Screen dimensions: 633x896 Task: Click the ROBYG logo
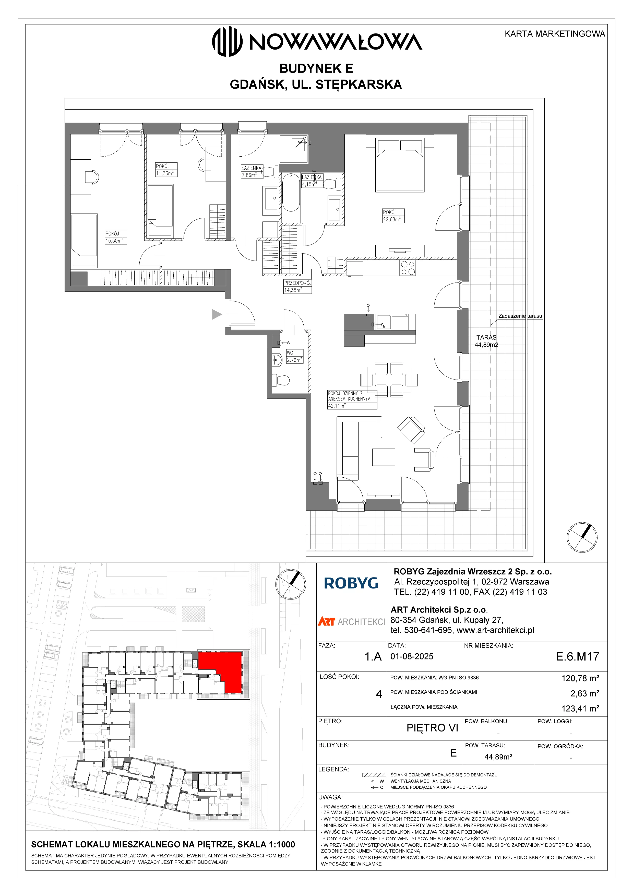(351, 583)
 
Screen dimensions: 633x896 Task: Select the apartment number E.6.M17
(577, 656)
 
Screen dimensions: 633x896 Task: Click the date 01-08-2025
(412, 656)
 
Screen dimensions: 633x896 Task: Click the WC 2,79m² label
(294, 356)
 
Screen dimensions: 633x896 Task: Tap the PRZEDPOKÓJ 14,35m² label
(297, 286)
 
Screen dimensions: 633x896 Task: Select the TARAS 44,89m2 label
(486, 341)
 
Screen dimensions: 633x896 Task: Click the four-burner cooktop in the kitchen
(408, 268)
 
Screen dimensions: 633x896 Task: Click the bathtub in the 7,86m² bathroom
(291, 192)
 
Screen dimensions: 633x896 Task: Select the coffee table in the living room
(384, 457)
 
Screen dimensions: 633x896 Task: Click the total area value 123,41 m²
(580, 708)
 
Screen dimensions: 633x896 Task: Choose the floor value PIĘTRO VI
(432, 728)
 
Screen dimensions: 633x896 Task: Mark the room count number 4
(379, 694)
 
